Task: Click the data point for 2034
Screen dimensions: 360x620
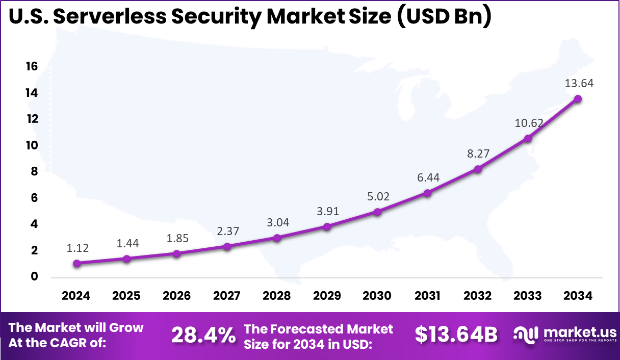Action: click(x=578, y=99)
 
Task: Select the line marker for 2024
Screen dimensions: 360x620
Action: click(x=76, y=264)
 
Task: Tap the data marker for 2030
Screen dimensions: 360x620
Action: click(x=377, y=212)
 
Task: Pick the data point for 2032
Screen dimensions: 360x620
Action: click(x=478, y=169)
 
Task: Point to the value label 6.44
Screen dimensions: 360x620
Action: click(x=427, y=177)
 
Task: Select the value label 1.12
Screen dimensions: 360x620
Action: click(x=77, y=248)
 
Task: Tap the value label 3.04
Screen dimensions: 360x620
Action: click(x=277, y=222)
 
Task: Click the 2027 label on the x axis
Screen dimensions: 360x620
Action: click(x=227, y=296)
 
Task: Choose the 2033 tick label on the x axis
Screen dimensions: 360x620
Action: click(x=528, y=296)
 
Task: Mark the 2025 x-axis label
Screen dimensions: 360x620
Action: click(x=126, y=296)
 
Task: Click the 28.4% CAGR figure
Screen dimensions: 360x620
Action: click(x=203, y=336)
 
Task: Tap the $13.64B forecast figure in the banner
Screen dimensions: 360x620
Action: click(x=455, y=335)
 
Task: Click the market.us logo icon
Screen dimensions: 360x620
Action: click(x=526, y=335)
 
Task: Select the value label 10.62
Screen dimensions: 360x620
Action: click(x=529, y=123)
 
